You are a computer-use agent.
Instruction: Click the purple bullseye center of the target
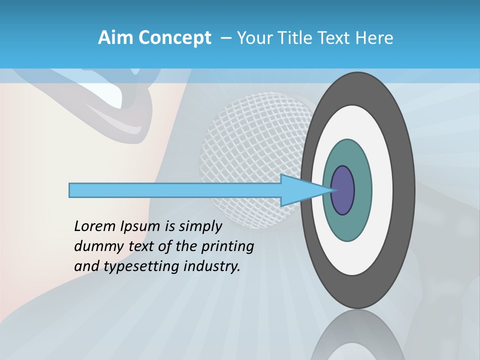(343, 190)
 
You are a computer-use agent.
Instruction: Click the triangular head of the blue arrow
(300, 190)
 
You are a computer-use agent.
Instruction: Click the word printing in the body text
(227, 247)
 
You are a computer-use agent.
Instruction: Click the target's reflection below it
(357, 335)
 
